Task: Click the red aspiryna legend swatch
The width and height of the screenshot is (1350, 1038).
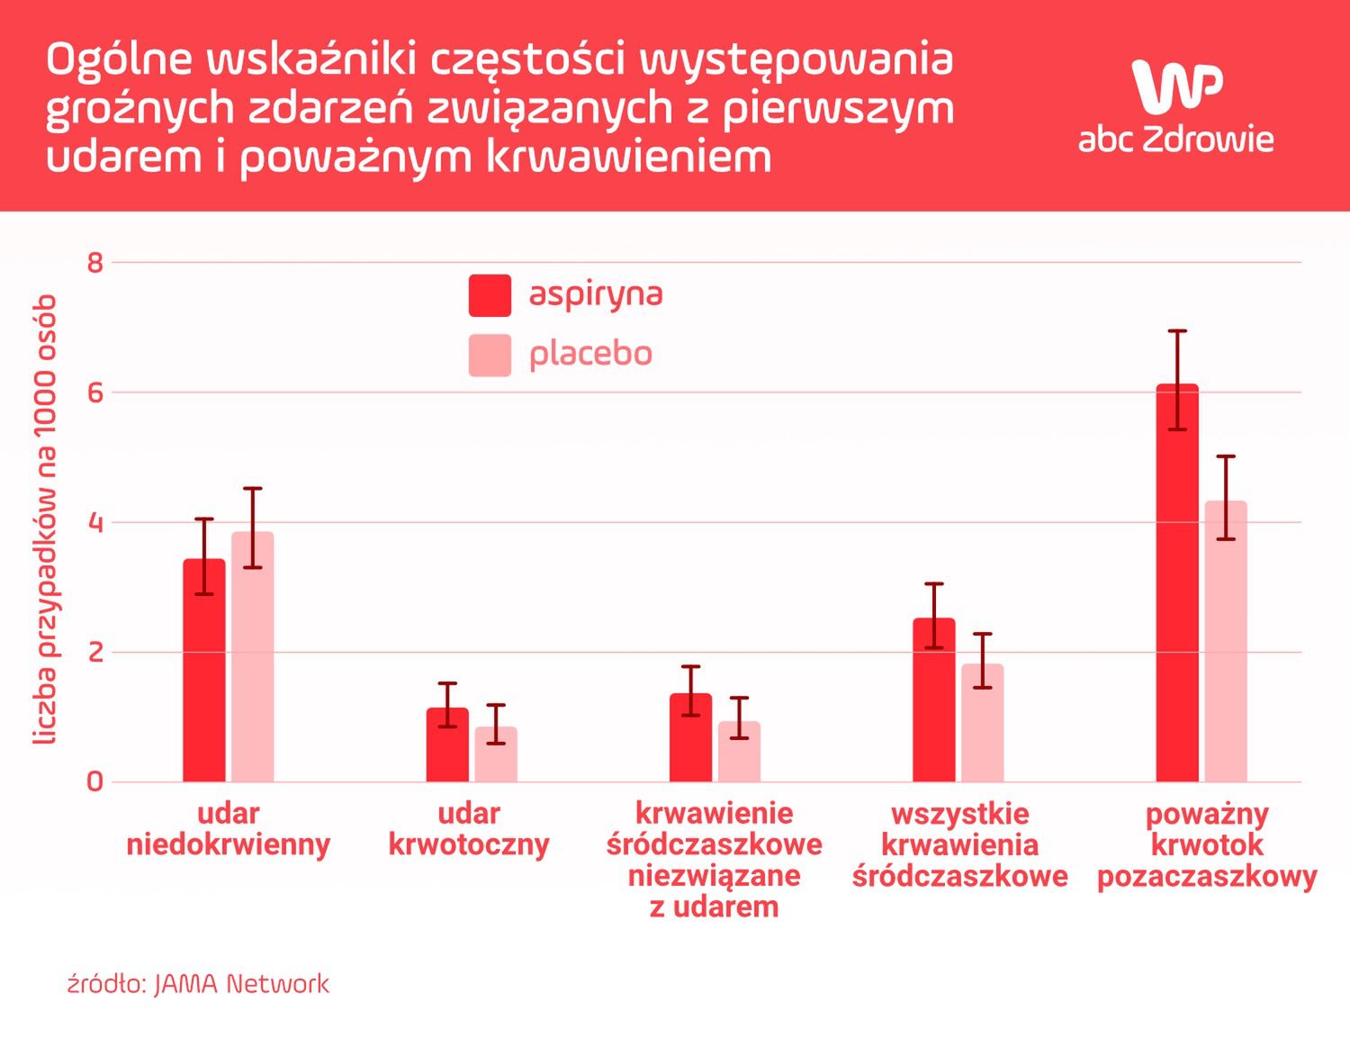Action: pyautogui.click(x=490, y=295)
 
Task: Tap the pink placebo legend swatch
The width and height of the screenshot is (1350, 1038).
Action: pyautogui.click(x=490, y=355)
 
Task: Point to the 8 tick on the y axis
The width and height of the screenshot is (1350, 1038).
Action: pyautogui.click(x=95, y=263)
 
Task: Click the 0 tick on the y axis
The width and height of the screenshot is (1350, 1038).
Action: pyautogui.click(x=95, y=781)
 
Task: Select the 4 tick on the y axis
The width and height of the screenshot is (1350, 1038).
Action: pyautogui.click(x=95, y=523)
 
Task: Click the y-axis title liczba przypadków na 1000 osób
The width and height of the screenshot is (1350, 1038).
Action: pyautogui.click(x=45, y=520)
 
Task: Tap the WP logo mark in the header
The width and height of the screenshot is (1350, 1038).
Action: pyautogui.click(x=1176, y=86)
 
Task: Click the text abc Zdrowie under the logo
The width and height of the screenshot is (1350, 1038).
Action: pyautogui.click(x=1175, y=140)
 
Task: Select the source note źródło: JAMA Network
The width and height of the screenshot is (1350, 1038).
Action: pyautogui.click(x=198, y=984)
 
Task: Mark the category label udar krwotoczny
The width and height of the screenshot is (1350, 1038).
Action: pyautogui.click(x=469, y=829)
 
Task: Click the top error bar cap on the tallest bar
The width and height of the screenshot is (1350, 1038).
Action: pyautogui.click(x=1177, y=331)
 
